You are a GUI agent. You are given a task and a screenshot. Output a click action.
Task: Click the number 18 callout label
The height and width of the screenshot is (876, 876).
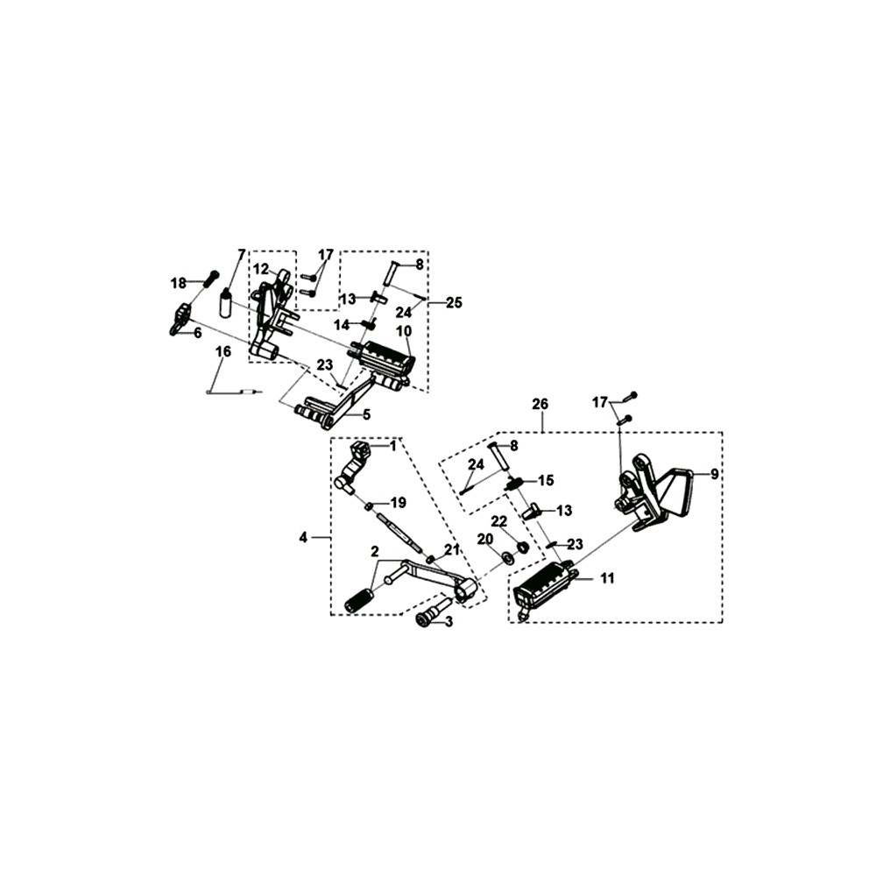coord(178,284)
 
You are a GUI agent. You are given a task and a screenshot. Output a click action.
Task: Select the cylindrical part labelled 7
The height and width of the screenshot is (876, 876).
coord(226,303)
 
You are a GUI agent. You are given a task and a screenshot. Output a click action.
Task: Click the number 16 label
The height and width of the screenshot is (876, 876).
coord(223,352)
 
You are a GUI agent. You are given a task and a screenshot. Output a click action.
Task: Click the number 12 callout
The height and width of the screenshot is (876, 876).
coord(260,269)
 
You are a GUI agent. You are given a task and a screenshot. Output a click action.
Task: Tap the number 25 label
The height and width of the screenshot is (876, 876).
coord(454,303)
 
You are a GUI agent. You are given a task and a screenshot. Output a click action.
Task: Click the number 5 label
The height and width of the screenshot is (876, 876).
coord(366,414)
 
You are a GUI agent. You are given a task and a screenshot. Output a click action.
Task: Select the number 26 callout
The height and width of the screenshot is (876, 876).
coord(540,404)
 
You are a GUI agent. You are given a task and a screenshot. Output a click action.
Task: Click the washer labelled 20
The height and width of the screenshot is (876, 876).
coord(508,557)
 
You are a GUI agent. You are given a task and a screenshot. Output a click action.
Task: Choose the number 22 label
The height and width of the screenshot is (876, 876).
coord(498,521)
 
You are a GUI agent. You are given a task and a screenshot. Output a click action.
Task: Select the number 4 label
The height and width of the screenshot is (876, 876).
coord(303,538)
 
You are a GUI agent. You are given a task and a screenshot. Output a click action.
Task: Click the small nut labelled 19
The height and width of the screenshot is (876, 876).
coord(370,506)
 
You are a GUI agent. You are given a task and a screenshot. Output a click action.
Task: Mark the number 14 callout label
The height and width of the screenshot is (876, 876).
coord(342,325)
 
